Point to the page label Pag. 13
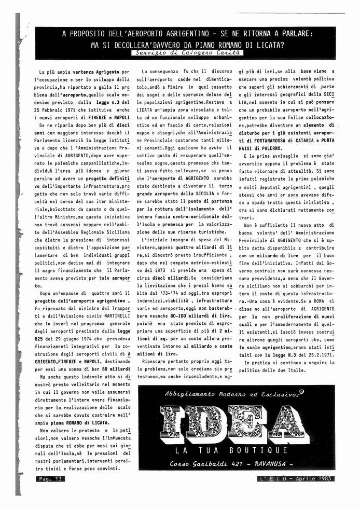tap(50, 479)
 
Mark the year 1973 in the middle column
tap(158, 270)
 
